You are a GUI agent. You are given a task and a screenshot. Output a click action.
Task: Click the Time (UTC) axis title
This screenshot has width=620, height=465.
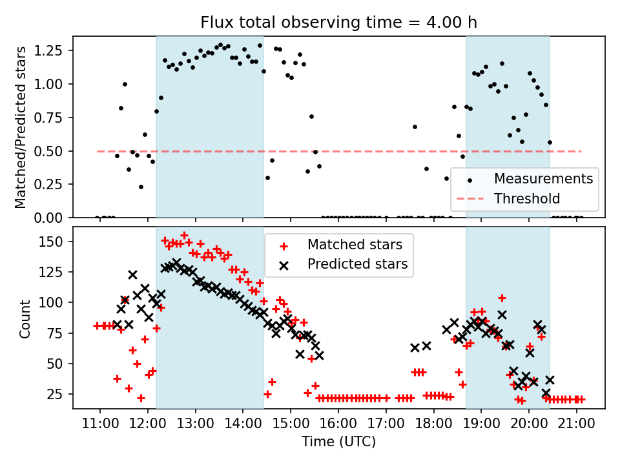point(338,442)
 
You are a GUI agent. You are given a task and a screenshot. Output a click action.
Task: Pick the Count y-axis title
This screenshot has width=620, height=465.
point(25,318)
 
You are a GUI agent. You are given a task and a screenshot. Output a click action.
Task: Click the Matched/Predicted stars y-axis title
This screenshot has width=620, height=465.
point(21,127)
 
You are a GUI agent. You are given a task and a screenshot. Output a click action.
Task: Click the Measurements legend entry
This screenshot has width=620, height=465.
point(543,179)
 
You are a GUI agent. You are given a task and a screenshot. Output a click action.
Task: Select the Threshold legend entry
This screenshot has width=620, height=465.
point(527,198)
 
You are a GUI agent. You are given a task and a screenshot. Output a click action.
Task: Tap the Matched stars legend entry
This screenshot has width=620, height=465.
point(354,245)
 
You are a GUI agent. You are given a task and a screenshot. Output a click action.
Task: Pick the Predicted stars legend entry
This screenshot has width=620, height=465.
point(357,263)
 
